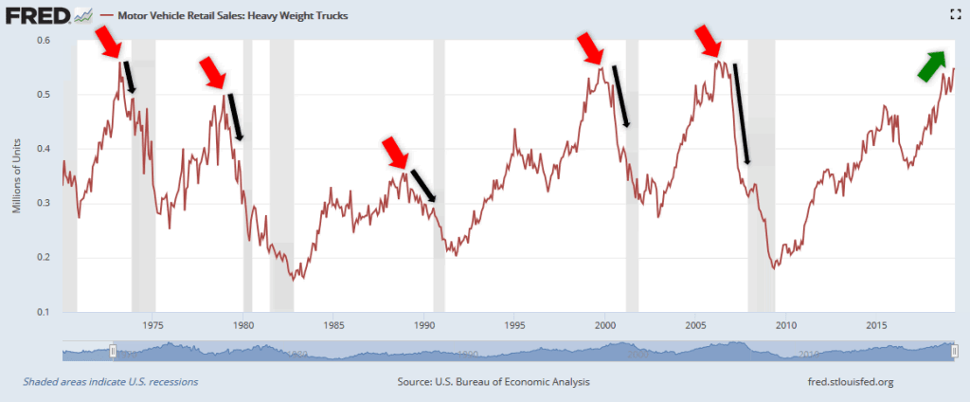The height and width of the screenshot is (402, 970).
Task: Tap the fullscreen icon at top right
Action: pos(955,13)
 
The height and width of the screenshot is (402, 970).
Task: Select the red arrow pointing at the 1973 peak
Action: pos(108,43)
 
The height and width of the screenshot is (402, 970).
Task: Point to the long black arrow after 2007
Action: pos(742,113)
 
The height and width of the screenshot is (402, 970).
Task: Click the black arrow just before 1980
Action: pos(235,117)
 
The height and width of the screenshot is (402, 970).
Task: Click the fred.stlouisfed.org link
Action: pos(847,382)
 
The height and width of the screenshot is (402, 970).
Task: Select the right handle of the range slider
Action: pos(954,351)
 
